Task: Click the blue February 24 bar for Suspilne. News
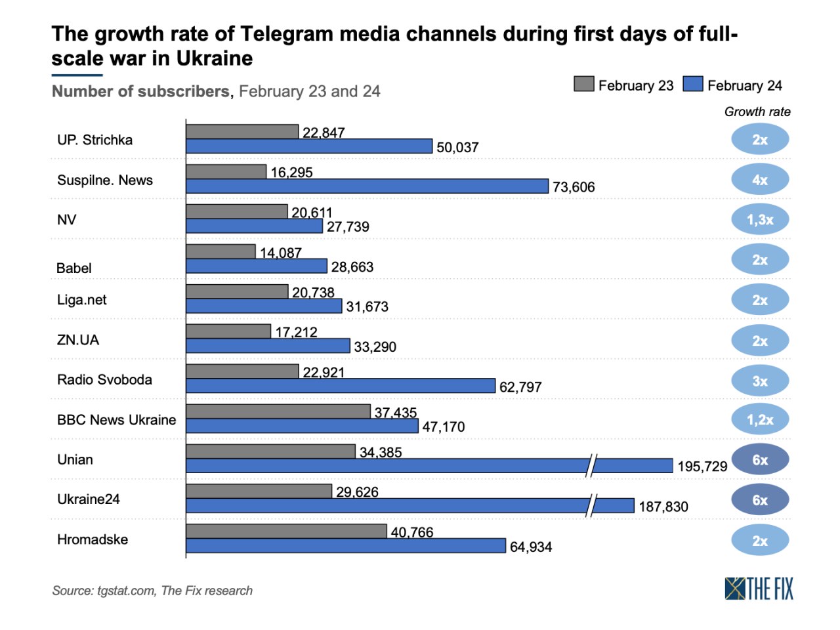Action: coord(367,186)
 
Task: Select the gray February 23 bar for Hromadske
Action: coord(286,531)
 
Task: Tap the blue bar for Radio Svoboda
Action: coord(341,386)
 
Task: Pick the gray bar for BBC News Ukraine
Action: coord(278,411)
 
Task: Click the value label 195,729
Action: coord(702,467)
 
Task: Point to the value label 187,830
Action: coord(663,507)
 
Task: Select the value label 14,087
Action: coord(281,253)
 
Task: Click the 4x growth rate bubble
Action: coord(760,180)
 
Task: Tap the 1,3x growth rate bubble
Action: coord(760,220)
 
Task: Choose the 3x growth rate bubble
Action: coord(760,381)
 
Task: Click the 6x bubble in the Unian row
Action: coord(760,460)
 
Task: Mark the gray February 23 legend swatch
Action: coord(583,84)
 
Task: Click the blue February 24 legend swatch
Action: coord(692,84)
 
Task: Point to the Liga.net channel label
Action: coord(82,300)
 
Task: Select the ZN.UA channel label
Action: coord(78,340)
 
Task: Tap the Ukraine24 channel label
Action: coord(89,499)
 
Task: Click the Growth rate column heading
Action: coord(757,112)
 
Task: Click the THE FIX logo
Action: coord(759,589)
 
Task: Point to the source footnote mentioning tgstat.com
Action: coord(152,591)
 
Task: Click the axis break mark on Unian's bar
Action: coord(592,465)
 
